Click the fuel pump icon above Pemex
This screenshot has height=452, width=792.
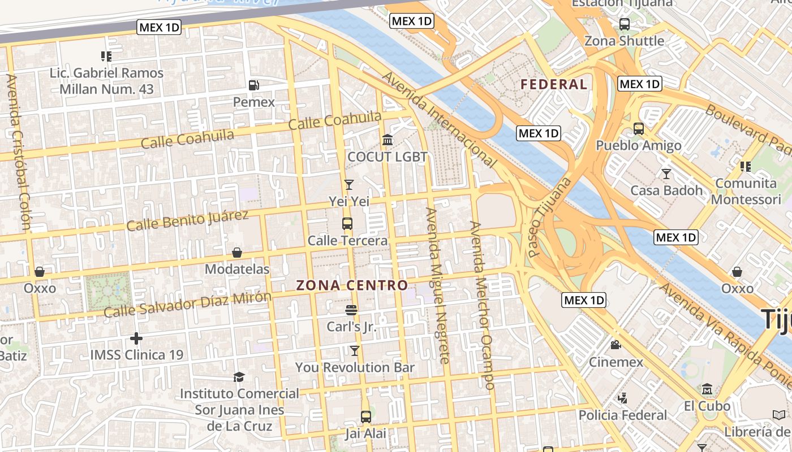254,85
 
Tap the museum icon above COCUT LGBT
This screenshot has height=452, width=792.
388,140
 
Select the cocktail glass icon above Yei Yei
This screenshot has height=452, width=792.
349,185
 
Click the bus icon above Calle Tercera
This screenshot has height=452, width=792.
347,224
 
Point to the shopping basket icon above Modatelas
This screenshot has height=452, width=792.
237,253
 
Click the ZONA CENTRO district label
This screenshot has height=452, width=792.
352,285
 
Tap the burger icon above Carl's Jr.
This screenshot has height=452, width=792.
351,310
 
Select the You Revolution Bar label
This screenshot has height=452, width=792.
355,367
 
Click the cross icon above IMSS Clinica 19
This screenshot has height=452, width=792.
136,338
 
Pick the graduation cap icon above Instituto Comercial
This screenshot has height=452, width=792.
239,377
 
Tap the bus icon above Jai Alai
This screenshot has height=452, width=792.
366,417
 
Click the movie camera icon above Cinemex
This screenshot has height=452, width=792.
616,345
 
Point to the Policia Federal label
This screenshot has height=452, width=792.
623,415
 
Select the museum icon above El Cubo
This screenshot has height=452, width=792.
707,389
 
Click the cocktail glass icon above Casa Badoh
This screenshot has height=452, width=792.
666,173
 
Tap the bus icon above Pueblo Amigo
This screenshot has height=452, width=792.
639,129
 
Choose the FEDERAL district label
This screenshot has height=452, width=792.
554,85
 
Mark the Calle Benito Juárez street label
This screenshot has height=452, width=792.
187,220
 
